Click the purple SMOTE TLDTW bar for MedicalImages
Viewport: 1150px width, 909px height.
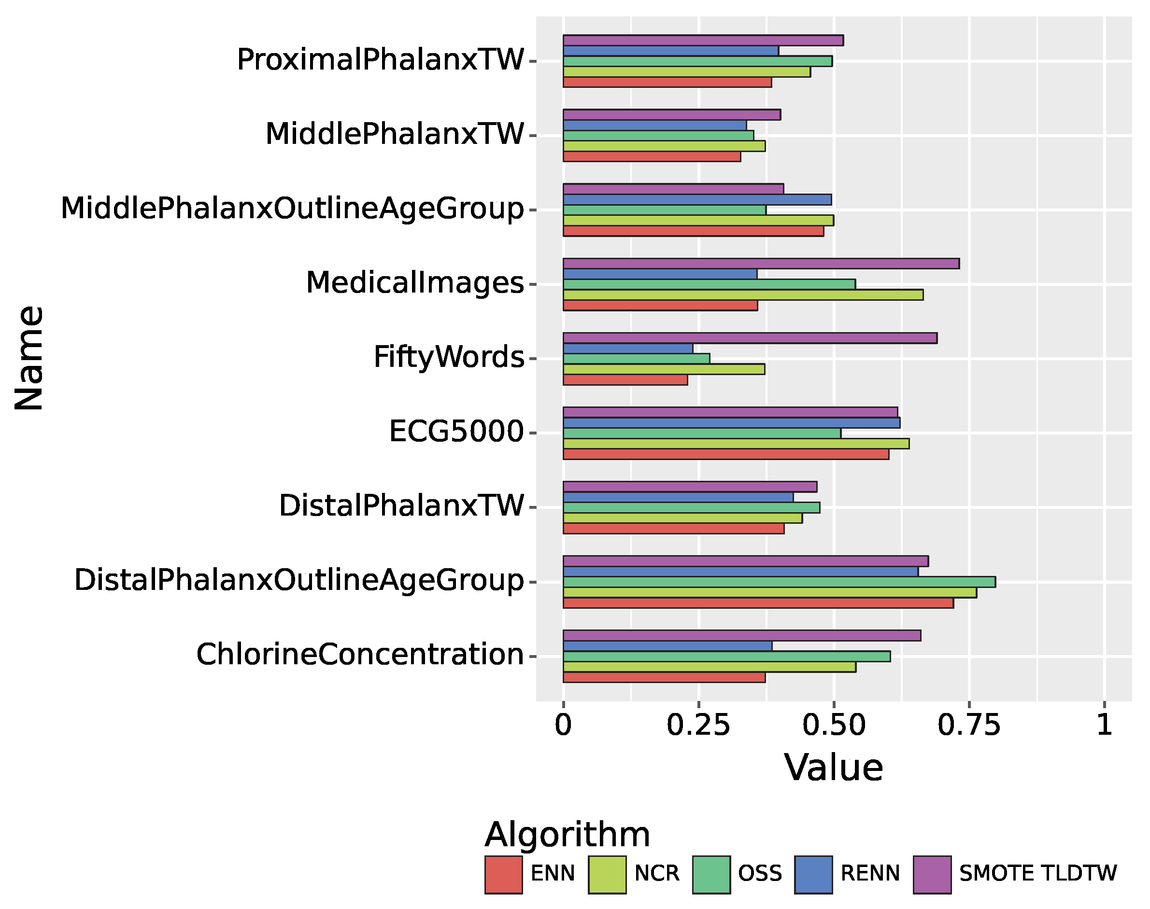761,264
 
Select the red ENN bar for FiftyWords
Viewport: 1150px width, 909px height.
625,380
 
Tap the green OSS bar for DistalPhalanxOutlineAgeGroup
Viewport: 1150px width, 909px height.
779,582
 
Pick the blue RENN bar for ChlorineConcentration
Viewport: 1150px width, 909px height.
667,645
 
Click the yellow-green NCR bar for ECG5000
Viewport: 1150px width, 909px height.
736,443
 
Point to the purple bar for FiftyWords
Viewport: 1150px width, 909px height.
750,338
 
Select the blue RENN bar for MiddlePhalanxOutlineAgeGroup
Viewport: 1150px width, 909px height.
697,199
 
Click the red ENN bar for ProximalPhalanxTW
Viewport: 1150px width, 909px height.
667,83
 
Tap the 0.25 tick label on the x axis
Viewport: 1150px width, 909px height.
698,725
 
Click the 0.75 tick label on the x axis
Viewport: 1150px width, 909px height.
968,725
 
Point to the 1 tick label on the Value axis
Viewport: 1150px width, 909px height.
1104,725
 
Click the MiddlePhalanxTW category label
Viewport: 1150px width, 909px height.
395,134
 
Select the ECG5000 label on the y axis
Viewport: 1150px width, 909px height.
456,431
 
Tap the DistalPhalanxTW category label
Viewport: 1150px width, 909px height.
401,505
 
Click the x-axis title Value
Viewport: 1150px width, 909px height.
834,768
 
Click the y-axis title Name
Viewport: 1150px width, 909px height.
29,358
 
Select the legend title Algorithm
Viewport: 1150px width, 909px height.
567,834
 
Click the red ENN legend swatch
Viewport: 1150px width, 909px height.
503,874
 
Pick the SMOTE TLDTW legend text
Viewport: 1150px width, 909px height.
1037,873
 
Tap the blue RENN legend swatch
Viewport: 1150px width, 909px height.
813,874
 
